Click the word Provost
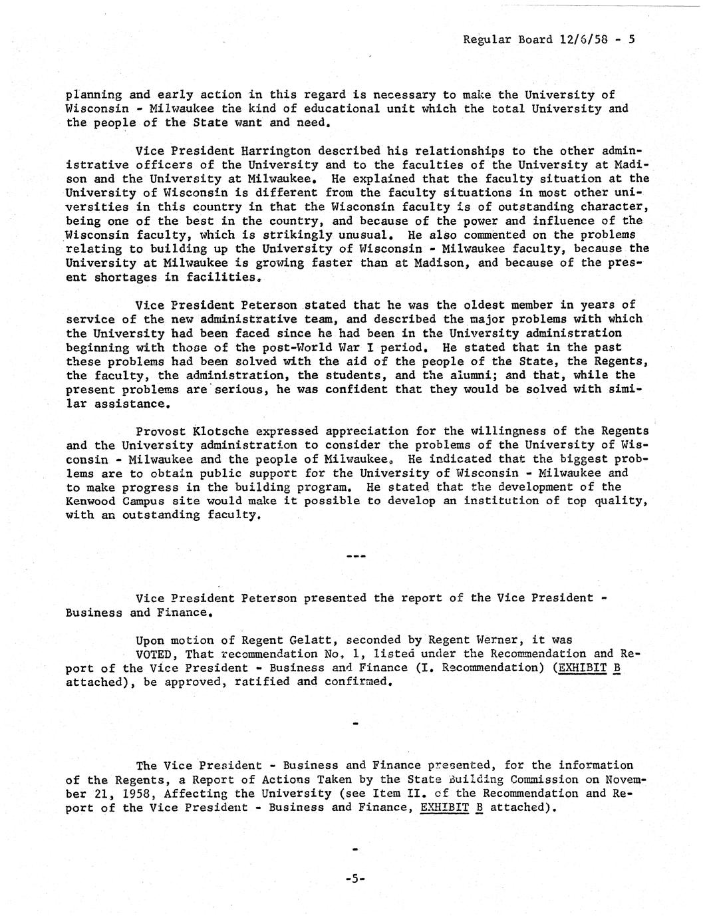(160, 431)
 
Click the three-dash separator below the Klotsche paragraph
(355, 554)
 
